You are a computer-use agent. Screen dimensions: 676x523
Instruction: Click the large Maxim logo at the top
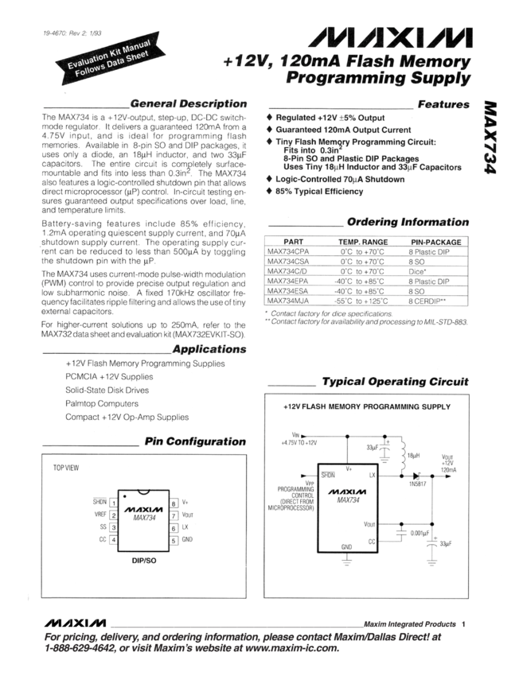[x=394, y=37]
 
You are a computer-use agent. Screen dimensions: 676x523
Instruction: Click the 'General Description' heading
[x=188, y=103]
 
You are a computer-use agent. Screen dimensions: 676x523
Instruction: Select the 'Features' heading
[x=443, y=104]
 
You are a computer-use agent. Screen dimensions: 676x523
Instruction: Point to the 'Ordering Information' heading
[x=408, y=222]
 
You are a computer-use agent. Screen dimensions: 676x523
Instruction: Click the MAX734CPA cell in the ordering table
[x=288, y=251]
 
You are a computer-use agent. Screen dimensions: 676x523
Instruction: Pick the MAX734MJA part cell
[x=288, y=301]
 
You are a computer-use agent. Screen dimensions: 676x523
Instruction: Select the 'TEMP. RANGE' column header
[x=362, y=240]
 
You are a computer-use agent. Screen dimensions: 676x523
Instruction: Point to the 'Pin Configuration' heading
[x=195, y=441]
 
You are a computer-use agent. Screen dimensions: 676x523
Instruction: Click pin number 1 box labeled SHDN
[x=114, y=503]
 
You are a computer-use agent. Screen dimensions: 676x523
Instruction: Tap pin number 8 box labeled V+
[x=174, y=503]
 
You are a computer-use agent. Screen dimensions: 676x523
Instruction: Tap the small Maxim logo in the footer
[x=77, y=620]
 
